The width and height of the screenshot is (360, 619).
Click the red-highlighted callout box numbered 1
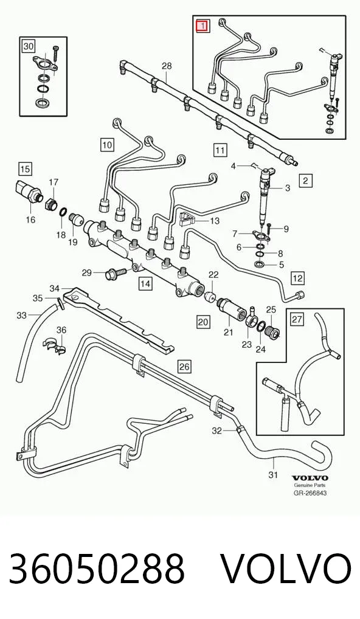pos(204,26)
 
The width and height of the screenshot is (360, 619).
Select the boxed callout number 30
pos(28,47)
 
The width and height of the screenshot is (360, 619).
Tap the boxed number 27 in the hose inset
pos(298,319)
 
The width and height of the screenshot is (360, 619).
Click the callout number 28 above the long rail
pos(167,66)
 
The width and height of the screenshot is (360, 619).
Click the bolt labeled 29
pos(115,272)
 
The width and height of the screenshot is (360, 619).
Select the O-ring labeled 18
pos(63,212)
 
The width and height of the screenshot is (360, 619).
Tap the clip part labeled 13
pos(189,218)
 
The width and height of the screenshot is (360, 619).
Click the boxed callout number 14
pos(145,283)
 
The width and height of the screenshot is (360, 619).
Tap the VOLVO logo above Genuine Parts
pos(310,478)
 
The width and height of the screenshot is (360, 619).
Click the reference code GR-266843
pos(310,493)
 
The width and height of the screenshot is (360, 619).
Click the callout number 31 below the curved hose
pos(273,474)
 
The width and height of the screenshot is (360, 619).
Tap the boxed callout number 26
pos(184,366)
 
